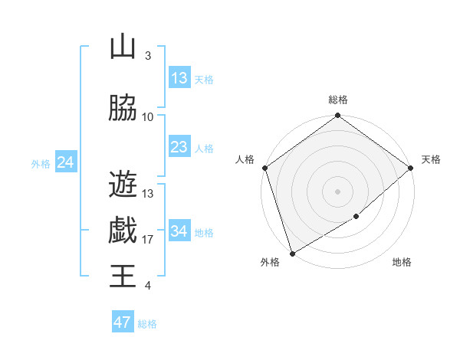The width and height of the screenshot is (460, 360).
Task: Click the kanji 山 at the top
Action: [123, 47]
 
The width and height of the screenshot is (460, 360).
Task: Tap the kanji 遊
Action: [123, 184]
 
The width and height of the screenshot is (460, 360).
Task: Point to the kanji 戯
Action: [123, 230]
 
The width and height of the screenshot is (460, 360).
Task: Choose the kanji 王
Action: [123, 276]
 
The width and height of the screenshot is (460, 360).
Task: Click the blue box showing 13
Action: [179, 78]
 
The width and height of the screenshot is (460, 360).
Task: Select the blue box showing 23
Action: [179, 147]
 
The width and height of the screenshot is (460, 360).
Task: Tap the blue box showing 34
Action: [179, 231]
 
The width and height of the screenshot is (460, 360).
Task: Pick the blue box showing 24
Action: [65, 162]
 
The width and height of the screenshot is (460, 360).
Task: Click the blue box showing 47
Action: [123, 322]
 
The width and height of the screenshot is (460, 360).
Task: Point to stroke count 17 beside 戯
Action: [148, 240]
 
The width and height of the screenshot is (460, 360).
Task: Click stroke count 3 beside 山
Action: [148, 56]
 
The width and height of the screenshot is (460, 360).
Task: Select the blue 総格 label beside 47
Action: [147, 324]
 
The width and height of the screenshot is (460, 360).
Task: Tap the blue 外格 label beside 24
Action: [41, 163]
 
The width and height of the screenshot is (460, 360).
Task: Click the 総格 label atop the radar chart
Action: [338, 100]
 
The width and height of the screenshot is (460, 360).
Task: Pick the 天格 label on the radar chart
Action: [432, 159]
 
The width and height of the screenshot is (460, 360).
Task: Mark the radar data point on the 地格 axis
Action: [356, 217]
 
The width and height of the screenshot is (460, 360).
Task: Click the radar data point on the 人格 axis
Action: [264, 168]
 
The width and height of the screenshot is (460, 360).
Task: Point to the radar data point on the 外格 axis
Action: [292, 253]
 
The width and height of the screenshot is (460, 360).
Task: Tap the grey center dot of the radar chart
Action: [338, 191]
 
